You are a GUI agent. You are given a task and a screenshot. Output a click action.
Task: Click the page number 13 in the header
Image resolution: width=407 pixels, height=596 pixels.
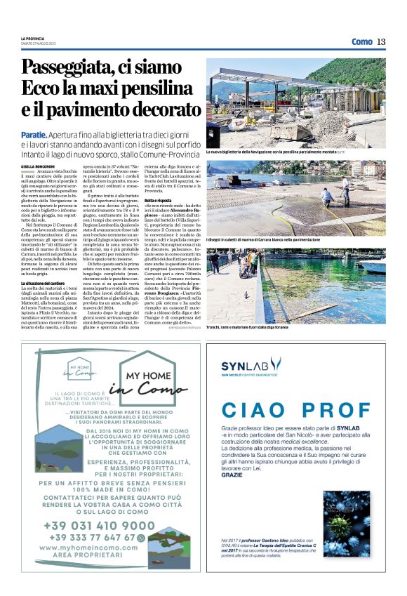380,41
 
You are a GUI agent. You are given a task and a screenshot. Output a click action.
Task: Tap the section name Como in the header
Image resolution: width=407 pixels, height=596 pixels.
361,41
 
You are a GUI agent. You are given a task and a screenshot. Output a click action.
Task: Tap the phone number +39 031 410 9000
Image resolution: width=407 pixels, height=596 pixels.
98,525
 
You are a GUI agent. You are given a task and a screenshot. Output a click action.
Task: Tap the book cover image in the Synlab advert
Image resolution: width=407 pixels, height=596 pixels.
346,524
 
